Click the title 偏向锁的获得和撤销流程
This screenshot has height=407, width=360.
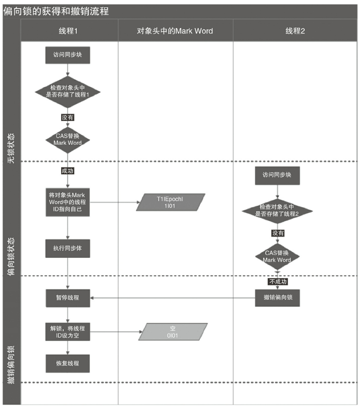[x=56, y=12]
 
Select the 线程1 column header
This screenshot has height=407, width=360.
[x=69, y=31]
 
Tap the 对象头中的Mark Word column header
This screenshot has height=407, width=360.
[x=175, y=31]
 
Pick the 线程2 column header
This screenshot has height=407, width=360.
[x=295, y=31]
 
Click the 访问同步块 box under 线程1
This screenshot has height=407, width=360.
[x=68, y=55]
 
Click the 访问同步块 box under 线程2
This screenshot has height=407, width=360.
[x=277, y=175]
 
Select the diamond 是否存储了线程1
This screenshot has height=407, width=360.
[x=68, y=92]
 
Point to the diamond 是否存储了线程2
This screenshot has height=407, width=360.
[x=277, y=211]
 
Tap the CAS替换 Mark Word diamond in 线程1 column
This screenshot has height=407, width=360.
[x=68, y=140]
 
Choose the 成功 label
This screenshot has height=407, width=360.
[x=68, y=171]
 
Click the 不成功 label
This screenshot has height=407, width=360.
[x=278, y=282]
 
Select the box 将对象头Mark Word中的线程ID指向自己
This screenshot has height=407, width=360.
[x=68, y=202]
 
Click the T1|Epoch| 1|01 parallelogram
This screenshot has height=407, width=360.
[x=171, y=202]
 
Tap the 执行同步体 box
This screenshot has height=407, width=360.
[x=68, y=248]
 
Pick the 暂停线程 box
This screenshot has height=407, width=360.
[x=68, y=298]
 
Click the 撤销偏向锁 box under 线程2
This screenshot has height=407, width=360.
[x=277, y=298]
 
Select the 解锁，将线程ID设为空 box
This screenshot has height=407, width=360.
[x=68, y=332]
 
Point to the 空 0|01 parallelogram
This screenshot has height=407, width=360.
[x=173, y=332]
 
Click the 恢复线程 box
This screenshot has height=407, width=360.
[x=68, y=364]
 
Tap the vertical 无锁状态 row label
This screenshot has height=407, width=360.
[x=11, y=148]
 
